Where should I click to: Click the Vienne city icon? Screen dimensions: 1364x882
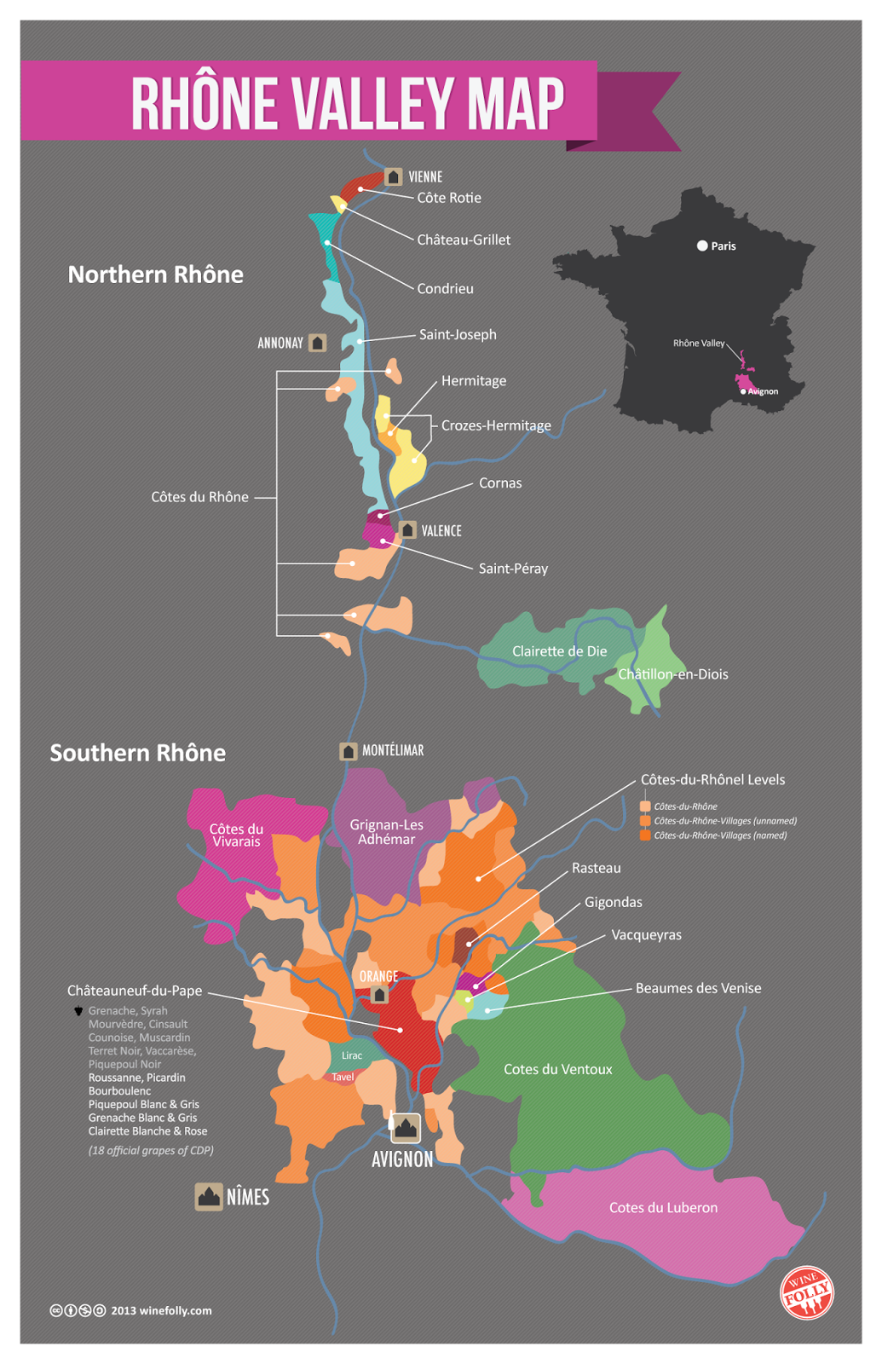(393, 176)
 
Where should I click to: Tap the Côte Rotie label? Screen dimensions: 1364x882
(449, 198)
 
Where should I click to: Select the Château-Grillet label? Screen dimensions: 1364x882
(464, 240)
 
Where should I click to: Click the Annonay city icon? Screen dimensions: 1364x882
(317, 343)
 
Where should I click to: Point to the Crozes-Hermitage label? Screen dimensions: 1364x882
(496, 425)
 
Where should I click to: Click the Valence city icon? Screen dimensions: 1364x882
(408, 530)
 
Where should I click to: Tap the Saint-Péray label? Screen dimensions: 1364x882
(513, 569)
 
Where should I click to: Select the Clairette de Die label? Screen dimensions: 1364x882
(559, 651)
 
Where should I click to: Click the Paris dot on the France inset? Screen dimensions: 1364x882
(702, 246)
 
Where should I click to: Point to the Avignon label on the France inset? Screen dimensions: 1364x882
(763, 391)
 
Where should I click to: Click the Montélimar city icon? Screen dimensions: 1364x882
(349, 751)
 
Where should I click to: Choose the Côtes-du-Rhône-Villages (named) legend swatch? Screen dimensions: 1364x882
(645, 835)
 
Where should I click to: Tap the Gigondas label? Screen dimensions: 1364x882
(613, 902)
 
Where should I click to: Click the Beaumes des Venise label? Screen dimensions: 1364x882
(698, 988)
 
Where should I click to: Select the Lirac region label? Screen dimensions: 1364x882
(352, 1055)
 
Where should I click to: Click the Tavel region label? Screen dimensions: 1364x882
(343, 1077)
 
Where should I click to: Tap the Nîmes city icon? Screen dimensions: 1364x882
(209, 1197)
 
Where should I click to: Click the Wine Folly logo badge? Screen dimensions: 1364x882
(806, 1292)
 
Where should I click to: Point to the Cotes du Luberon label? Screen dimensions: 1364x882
(663, 1207)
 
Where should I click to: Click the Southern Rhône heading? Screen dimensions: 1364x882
(138, 753)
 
